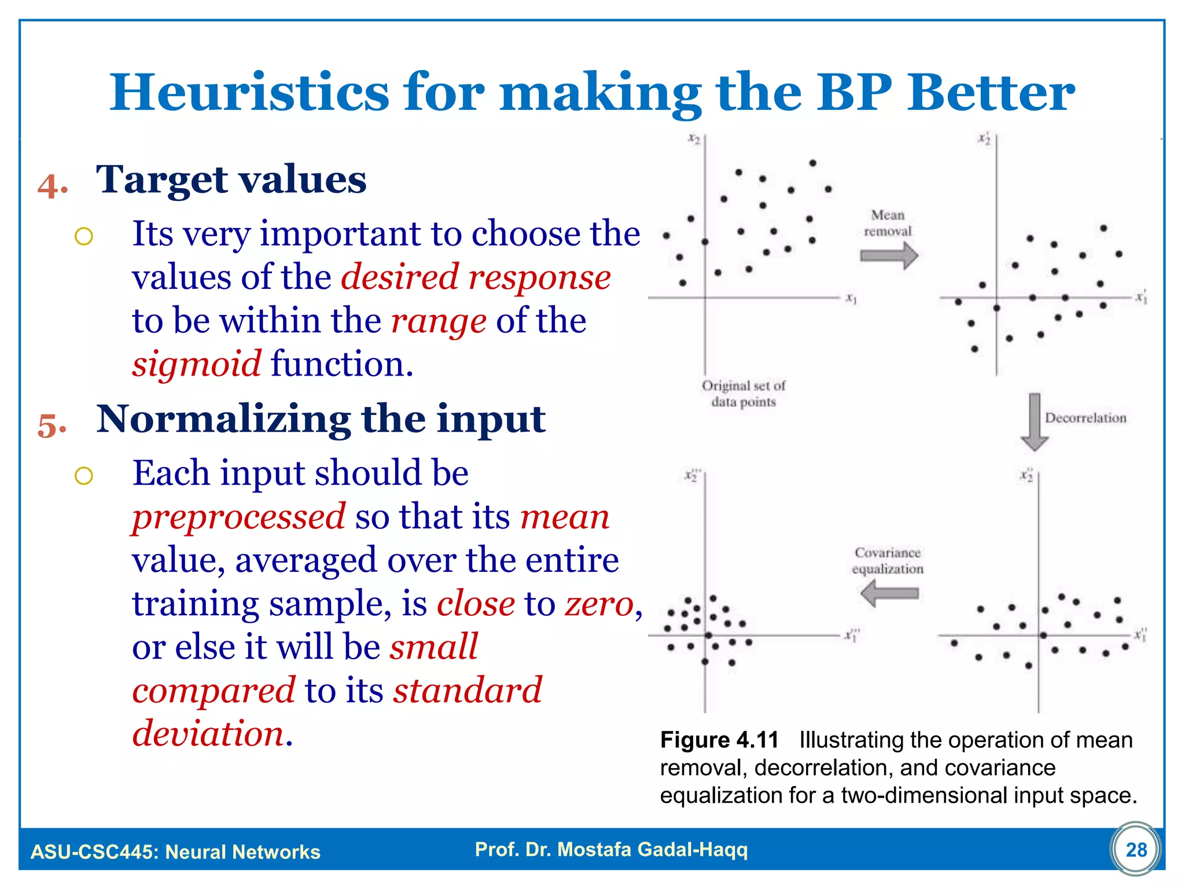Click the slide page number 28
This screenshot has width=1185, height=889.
pyautogui.click(x=1136, y=850)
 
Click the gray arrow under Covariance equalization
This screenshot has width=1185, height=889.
pyautogui.click(x=889, y=594)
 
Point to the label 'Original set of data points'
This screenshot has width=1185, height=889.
pyautogui.click(x=744, y=394)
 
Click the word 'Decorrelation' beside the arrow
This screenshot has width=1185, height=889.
pyautogui.click(x=1085, y=418)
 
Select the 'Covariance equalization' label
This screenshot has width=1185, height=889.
pyautogui.click(x=888, y=560)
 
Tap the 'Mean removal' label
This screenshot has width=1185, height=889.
pyautogui.click(x=888, y=223)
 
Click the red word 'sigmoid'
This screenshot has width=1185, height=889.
pyautogui.click(x=197, y=365)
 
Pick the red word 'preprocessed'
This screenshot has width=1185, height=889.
pyautogui.click(x=238, y=516)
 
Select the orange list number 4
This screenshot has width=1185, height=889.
pyautogui.click(x=51, y=186)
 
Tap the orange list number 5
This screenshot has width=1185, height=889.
pyautogui.click(x=51, y=425)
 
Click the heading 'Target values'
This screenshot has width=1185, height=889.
pyautogui.click(x=231, y=179)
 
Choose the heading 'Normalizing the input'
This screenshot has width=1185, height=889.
pyautogui.click(x=321, y=418)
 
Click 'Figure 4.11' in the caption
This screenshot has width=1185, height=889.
pyautogui.click(x=719, y=740)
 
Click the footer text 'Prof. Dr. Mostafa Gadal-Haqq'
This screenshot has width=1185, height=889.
pyautogui.click(x=611, y=849)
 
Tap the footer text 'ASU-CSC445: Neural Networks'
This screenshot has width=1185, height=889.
pyautogui.click(x=175, y=851)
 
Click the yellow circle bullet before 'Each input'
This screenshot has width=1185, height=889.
pyautogui.click(x=84, y=476)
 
